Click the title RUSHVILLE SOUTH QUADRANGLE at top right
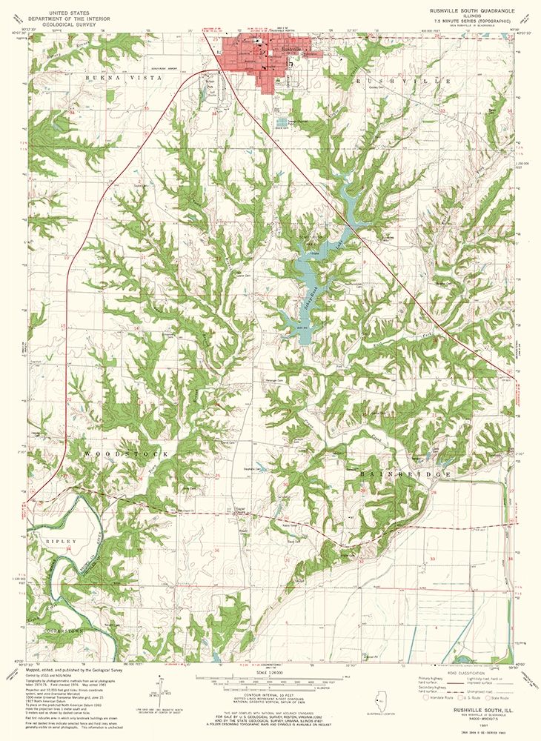[465, 11]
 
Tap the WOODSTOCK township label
[122, 452]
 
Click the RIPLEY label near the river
[62, 542]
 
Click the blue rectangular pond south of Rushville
[283, 121]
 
